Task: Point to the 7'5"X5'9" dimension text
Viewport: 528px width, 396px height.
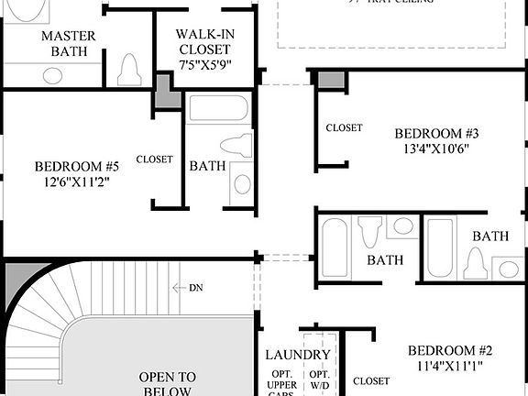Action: point(206,65)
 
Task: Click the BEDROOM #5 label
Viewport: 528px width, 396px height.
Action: point(77,166)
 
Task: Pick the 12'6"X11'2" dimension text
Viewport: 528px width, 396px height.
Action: point(77,181)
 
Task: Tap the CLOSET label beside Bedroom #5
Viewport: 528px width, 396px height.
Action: point(154,159)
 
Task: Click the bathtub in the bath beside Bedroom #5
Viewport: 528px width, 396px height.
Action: point(218,111)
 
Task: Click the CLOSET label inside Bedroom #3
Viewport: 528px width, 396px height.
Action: point(344,127)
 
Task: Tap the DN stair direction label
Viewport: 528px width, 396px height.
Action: point(195,287)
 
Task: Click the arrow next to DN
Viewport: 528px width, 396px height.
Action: point(179,287)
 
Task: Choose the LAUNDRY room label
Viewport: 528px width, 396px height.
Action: point(297,355)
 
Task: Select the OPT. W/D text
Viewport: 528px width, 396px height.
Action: point(318,381)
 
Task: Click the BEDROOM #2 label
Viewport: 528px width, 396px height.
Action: point(450,350)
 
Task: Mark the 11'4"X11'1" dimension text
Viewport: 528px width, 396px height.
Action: point(450,367)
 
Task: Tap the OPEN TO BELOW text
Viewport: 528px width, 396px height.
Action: point(167,383)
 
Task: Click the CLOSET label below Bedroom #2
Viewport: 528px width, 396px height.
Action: point(370,380)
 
